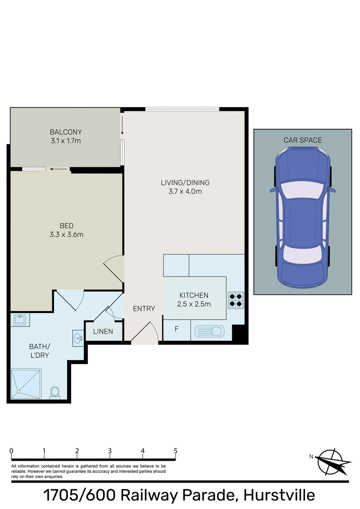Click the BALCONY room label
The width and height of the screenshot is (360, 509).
coord(66,132)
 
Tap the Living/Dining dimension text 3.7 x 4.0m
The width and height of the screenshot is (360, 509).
coord(185,192)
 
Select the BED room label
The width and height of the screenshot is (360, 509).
coord(67,226)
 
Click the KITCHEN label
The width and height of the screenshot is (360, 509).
coord(194,295)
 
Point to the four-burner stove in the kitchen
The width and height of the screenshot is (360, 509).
coord(236,300)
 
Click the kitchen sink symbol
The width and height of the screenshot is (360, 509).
coord(209,331)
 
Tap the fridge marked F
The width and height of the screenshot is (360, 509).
coord(177,330)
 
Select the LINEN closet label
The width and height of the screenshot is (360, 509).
coord(103,331)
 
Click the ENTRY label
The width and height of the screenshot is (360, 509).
coord(144,309)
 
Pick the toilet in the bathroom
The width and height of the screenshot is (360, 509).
coord(55,393)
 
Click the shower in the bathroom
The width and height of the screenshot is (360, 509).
coord(26,384)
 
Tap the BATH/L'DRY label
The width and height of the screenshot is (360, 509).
coord(40,351)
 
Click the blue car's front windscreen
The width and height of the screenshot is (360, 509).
coord(302,190)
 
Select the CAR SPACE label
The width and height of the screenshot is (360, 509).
coord(302,140)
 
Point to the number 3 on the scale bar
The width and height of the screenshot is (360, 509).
coord(110,451)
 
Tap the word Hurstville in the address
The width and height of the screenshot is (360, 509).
coord(279,496)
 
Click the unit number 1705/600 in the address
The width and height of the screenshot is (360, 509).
coord(80,496)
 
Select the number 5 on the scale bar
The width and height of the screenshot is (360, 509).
coord(175,451)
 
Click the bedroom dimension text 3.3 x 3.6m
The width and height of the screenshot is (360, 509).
coord(67,235)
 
